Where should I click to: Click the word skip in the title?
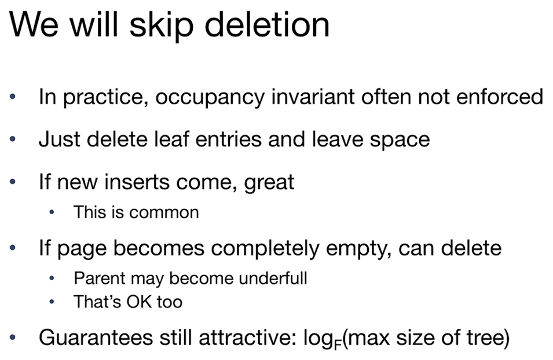(162, 25)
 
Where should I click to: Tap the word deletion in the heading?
(267, 24)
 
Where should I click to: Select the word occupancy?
(210, 98)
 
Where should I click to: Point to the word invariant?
(313, 96)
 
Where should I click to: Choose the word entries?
(228, 139)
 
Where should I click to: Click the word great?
(269, 183)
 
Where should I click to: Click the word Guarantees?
(96, 337)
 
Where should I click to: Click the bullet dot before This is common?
(52, 212)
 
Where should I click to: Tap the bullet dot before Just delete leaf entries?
(13, 139)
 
